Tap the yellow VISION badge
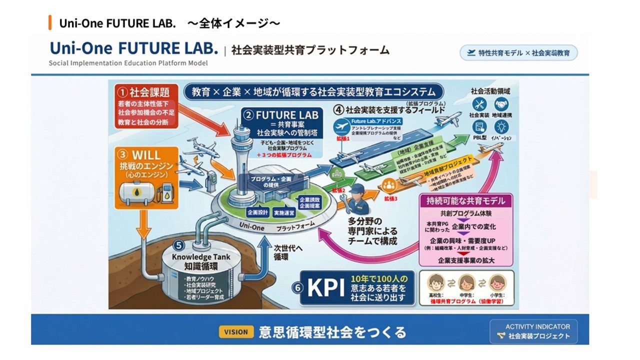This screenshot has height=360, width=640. click(235, 331)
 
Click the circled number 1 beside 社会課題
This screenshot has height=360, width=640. click(122, 92)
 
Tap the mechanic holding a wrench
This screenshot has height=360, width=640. click(359, 200)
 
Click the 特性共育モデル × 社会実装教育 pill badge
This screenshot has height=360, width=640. click(518, 52)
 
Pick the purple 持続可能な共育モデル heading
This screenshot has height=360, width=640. click(466, 201)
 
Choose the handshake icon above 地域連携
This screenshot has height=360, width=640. click(501, 104)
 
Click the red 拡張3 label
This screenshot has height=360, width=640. click(390, 198)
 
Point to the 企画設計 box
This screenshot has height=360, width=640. click(255, 211)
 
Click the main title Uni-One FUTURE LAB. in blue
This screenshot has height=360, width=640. click(134, 48)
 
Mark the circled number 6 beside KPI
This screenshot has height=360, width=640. click(297, 288)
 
